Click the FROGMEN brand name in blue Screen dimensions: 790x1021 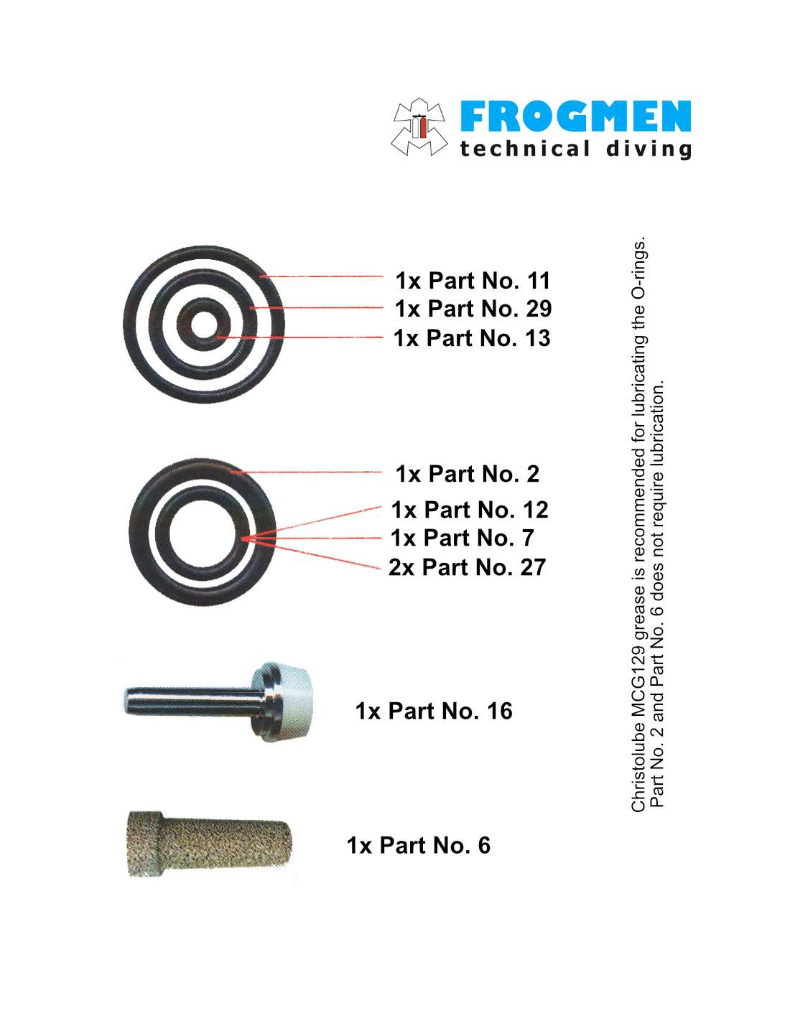(x=575, y=116)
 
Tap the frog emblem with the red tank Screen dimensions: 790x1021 (x=419, y=126)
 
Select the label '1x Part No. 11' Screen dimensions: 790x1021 (x=473, y=281)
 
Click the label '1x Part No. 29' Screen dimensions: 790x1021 (x=473, y=309)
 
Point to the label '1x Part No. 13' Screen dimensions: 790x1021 (x=472, y=338)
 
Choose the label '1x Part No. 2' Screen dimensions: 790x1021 (x=467, y=474)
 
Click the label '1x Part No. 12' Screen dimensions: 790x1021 (x=470, y=510)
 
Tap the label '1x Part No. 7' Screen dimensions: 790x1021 (x=463, y=538)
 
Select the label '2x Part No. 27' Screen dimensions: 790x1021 (x=467, y=567)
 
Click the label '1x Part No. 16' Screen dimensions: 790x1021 (x=433, y=711)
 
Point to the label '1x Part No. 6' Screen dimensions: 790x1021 (x=418, y=845)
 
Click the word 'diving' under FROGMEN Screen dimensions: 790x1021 (x=649, y=150)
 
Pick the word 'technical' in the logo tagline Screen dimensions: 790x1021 (x=524, y=149)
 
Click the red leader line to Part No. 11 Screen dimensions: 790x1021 (x=322, y=276)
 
